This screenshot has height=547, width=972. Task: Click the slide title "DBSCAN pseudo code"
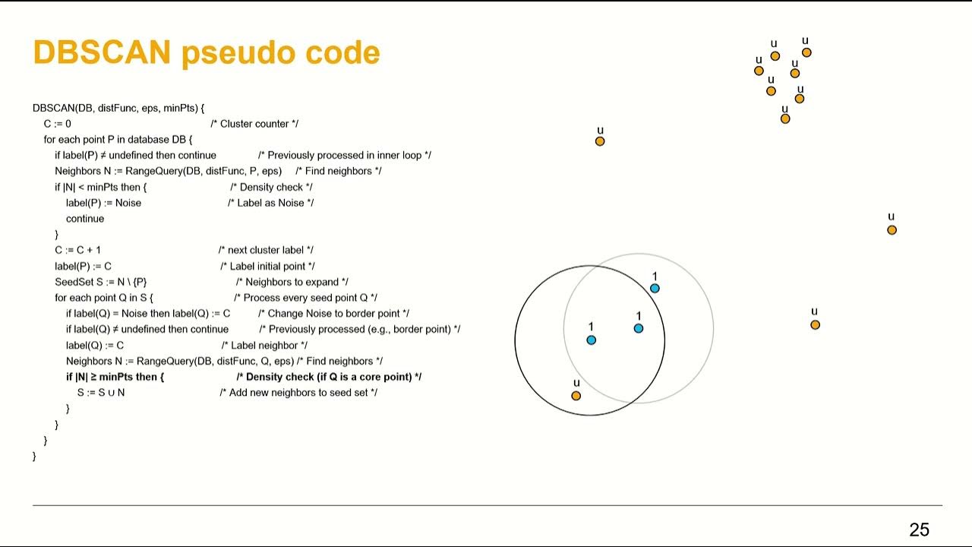[x=206, y=52]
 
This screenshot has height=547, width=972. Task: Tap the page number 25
[x=919, y=530]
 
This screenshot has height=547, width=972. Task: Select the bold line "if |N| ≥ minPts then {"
[x=115, y=377]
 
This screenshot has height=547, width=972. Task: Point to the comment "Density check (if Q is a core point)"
[x=329, y=377]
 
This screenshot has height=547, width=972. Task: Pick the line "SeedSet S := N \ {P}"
[x=100, y=282]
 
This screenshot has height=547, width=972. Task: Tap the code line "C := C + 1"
[x=77, y=250]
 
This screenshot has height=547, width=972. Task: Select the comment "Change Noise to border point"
[x=333, y=314]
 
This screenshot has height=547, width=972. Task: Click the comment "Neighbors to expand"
[x=292, y=282]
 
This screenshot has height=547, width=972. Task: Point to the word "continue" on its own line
[x=85, y=219]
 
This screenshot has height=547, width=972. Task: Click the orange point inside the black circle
[x=576, y=396]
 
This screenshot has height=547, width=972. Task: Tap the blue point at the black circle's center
[x=591, y=340]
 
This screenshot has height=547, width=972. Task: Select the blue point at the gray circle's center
[x=638, y=328]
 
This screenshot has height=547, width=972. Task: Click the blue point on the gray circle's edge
[x=655, y=288]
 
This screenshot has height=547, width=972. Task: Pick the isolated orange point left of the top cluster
[x=600, y=141]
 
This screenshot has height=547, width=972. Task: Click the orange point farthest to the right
[x=892, y=229]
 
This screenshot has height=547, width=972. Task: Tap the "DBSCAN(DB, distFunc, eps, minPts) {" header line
[x=118, y=108]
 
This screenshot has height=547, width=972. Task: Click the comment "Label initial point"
[x=267, y=266]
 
